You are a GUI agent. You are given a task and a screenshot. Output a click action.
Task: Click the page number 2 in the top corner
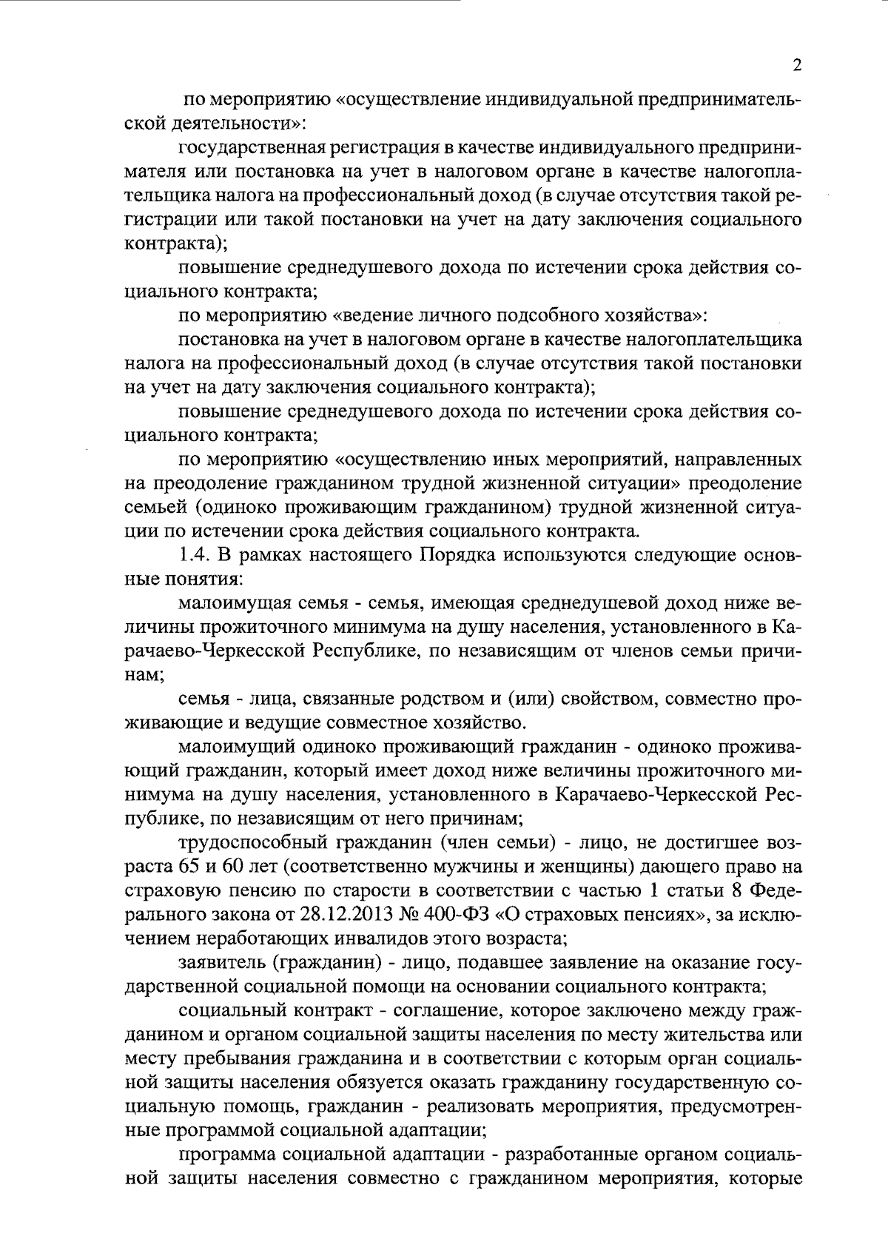click(x=797, y=65)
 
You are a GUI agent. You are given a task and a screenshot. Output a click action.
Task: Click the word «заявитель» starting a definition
click(x=217, y=963)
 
